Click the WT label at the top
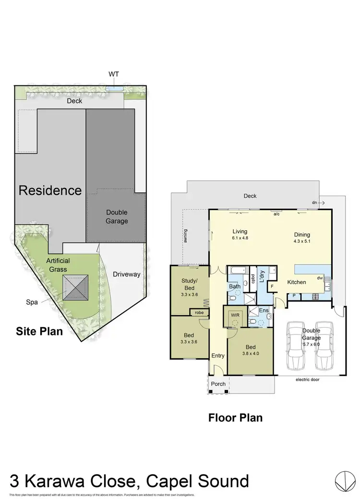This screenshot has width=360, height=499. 114,74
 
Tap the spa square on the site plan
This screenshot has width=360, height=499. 76,287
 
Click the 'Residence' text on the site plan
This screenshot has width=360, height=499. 50,190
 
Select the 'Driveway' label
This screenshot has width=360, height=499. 126,274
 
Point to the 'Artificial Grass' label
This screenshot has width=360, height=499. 58,265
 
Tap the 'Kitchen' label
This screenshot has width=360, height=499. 297,282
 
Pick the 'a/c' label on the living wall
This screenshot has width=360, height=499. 276,214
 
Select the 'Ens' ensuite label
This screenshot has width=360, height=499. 264,311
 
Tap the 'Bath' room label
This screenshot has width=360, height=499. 234,286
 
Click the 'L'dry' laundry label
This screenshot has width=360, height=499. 263,279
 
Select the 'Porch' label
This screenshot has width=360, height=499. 218,384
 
